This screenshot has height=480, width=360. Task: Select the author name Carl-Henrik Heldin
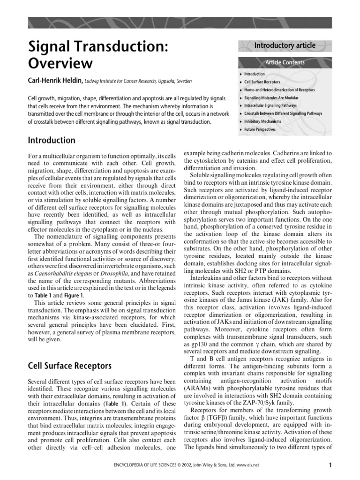[56, 81]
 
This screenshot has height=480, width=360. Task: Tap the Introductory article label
[285, 45]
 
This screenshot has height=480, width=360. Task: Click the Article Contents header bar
[285, 62]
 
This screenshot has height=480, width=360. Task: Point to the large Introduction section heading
[52, 140]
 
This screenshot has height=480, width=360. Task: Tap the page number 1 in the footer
[330, 465]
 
